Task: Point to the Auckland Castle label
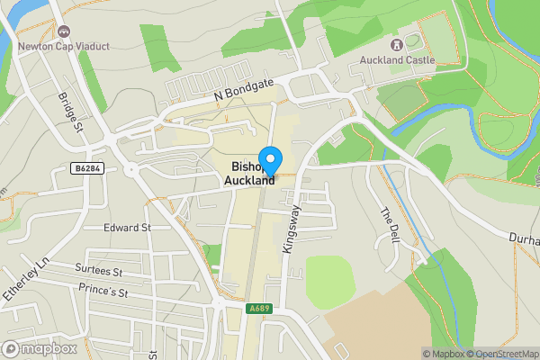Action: tap(398, 60)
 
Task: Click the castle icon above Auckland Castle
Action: tap(397, 44)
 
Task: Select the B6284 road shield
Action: tap(85, 168)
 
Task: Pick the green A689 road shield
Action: tap(259, 309)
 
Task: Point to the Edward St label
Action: tap(126, 228)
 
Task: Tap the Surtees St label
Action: tap(100, 270)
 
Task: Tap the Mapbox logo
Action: tap(40, 348)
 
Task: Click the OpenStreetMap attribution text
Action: tap(500, 354)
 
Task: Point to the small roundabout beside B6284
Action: tap(131, 168)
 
